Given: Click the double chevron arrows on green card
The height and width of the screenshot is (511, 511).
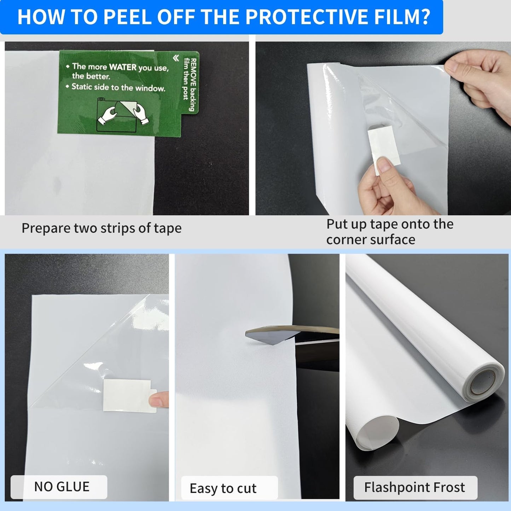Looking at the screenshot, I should [176, 58].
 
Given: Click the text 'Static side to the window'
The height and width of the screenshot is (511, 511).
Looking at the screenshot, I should [118, 87].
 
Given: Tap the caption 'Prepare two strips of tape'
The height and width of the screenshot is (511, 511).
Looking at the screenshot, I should [101, 228].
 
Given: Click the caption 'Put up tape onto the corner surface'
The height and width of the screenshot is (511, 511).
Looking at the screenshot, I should [389, 232].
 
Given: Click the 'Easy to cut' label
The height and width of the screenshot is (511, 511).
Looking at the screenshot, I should [223, 488].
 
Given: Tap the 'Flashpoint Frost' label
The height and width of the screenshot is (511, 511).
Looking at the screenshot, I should [414, 487].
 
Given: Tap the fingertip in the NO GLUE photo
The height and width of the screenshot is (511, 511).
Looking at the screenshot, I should [159, 400].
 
